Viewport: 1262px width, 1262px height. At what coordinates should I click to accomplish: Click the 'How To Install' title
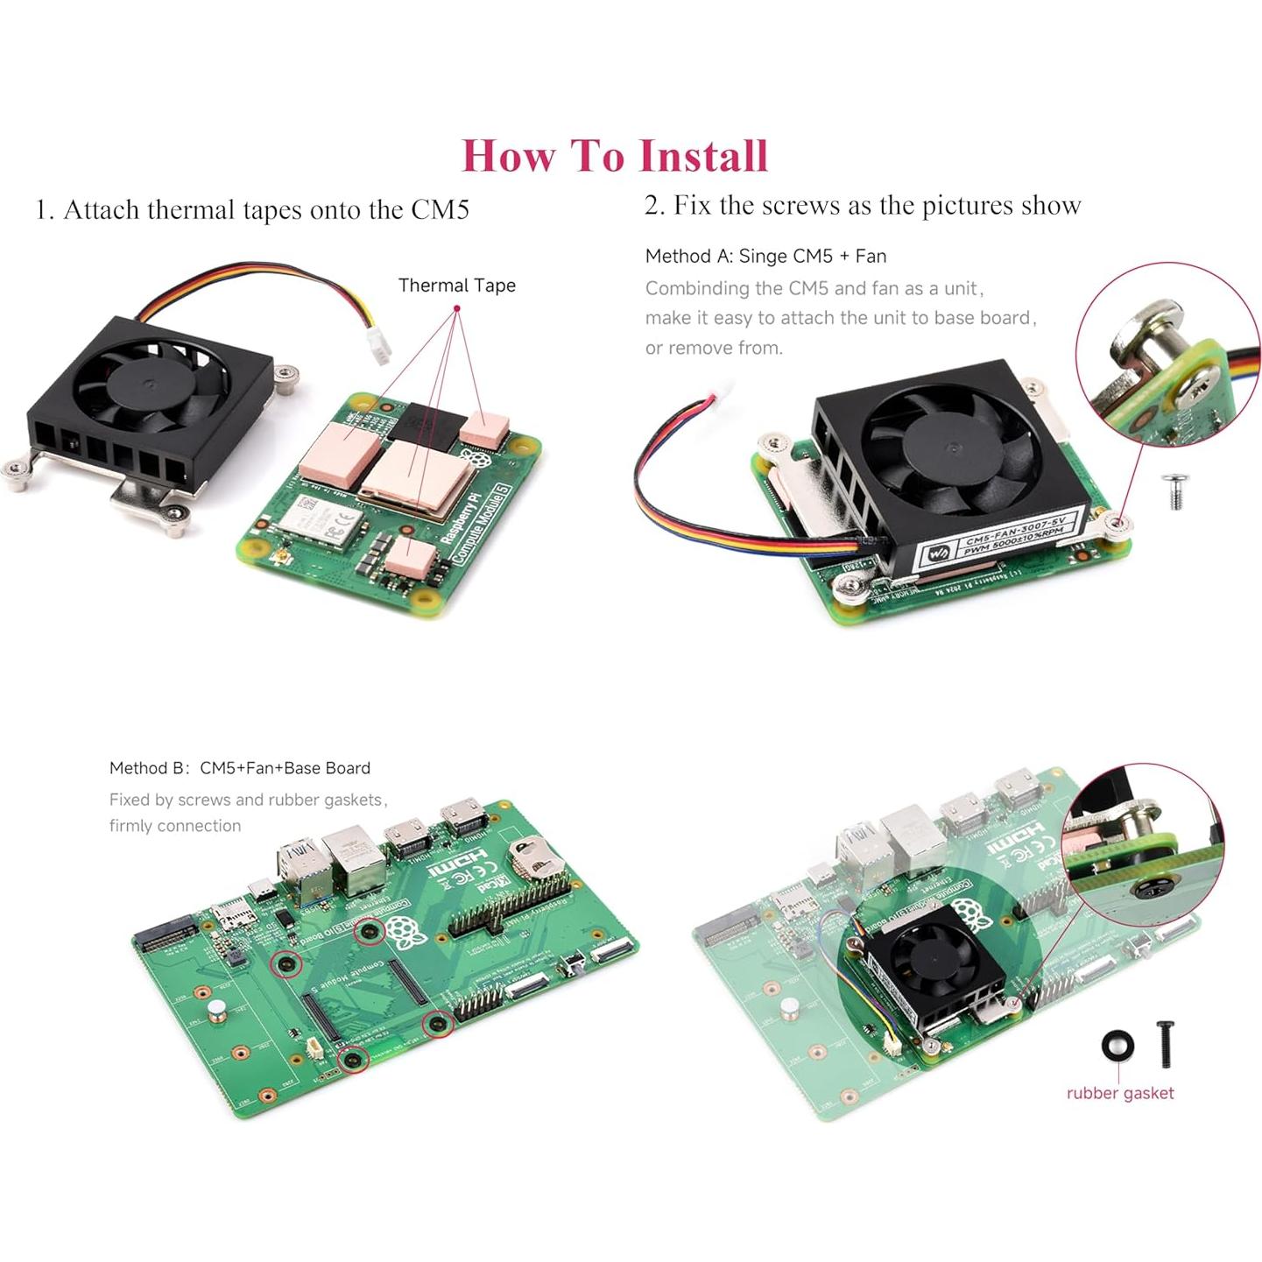[x=615, y=156]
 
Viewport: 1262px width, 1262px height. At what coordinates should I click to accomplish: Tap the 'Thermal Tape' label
[x=456, y=286]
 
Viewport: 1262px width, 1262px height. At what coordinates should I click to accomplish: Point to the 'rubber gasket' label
[x=1119, y=1093]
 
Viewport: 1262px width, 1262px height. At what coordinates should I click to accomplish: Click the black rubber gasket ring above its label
[x=1117, y=1046]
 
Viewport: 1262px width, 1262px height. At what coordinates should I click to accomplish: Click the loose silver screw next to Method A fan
[x=1173, y=491]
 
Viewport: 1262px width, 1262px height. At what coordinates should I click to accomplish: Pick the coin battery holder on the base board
[x=535, y=855]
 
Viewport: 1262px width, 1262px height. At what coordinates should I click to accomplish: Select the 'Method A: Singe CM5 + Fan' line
[x=765, y=257]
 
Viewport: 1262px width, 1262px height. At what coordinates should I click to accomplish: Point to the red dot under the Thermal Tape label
[x=456, y=308]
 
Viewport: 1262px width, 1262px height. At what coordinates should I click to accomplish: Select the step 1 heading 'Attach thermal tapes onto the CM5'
[x=252, y=210]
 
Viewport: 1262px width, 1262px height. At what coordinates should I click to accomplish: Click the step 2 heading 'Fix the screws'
[x=863, y=205]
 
